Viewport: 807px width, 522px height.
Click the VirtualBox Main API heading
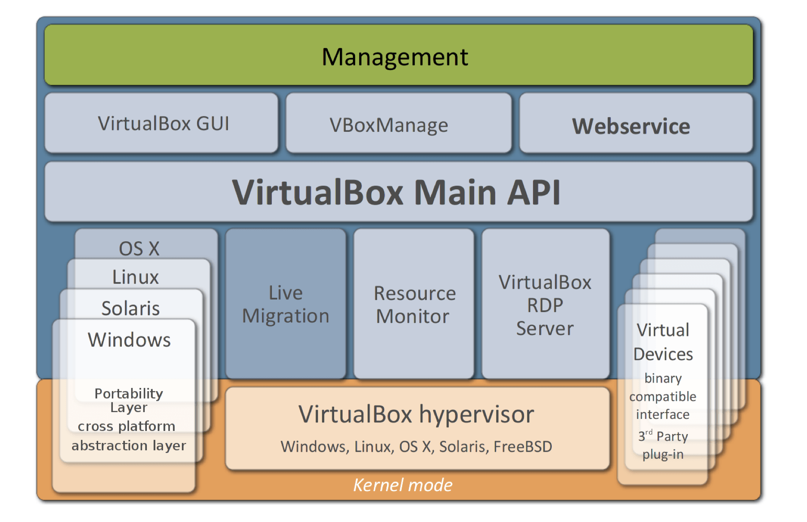pos(396,192)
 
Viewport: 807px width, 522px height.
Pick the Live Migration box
pos(286,304)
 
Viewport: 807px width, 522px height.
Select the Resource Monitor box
pos(414,304)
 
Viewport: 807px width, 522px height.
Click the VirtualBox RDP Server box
pos(545,305)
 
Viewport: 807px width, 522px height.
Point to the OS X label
pos(139,248)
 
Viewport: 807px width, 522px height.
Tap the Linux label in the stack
pos(135,277)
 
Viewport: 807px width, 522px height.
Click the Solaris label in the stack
pos(130,308)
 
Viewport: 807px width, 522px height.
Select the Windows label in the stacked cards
pos(129,339)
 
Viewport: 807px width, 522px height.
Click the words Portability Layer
pos(129,400)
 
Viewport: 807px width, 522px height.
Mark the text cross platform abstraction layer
pos(128,435)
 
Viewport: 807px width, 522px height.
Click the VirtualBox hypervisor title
pos(416,414)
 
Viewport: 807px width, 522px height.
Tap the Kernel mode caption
pos(403,485)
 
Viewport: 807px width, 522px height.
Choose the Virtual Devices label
pos(663,342)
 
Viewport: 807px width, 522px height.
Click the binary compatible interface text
pos(663,396)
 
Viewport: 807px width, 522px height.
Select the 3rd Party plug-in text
pos(663,445)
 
